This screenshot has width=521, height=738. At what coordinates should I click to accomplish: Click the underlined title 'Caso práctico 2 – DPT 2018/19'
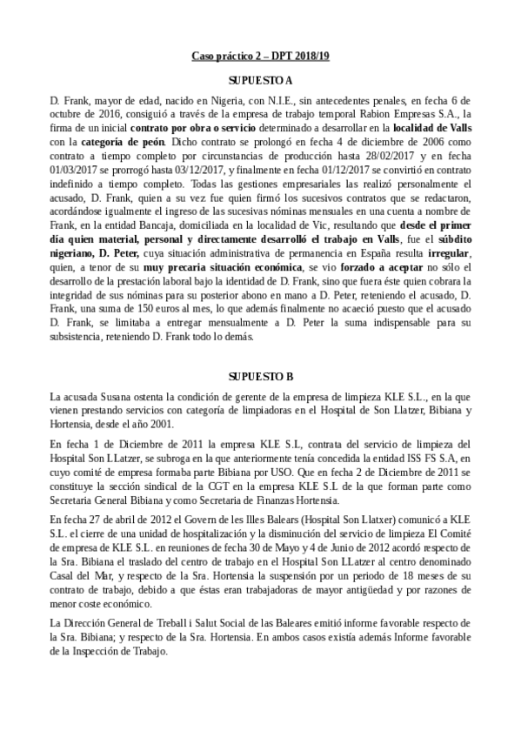[x=260, y=57]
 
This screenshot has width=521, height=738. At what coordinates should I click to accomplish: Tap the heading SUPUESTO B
[x=260, y=376]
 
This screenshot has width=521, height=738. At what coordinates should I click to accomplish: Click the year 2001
[x=162, y=424]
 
